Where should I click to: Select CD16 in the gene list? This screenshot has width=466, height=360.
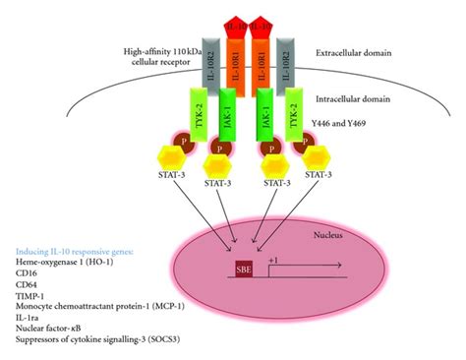(29, 277)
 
